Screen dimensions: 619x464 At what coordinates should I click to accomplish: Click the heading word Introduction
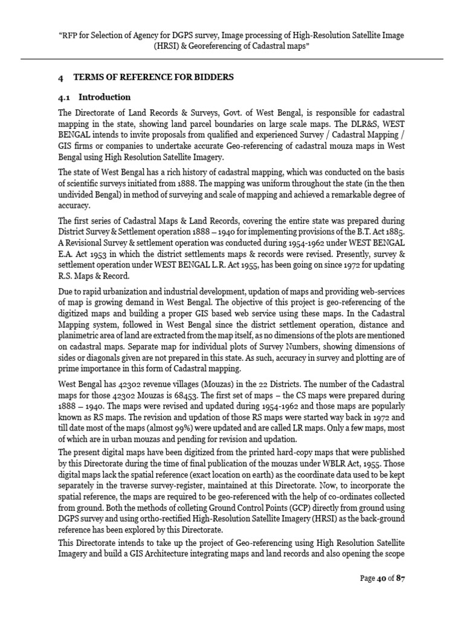[105, 97]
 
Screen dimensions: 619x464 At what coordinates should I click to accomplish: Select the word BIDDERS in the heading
[212, 77]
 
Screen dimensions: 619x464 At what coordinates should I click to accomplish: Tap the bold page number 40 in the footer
[381, 578]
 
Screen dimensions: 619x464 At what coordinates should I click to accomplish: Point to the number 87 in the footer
[400, 578]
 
